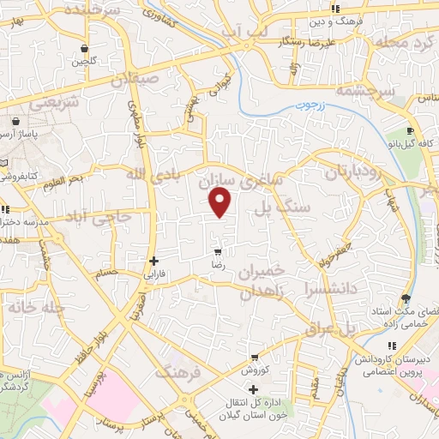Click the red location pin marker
coord(220,202)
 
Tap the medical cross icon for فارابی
coord(153,261)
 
